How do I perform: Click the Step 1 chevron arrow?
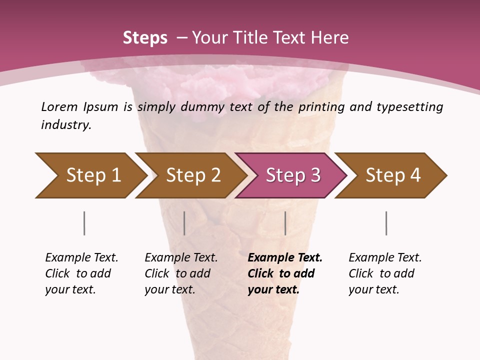(x=92, y=175)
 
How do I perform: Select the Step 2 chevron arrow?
(x=192, y=175)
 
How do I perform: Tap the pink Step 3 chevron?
(x=292, y=175)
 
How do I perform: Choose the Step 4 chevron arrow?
(x=392, y=175)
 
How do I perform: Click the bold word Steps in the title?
(x=145, y=37)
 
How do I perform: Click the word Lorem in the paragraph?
(x=59, y=106)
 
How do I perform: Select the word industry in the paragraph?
(x=65, y=124)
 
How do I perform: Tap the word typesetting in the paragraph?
(x=410, y=107)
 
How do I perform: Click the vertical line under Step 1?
(x=84, y=223)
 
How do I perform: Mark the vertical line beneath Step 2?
(x=184, y=223)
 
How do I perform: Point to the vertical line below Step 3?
(x=285, y=223)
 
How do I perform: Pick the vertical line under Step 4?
(x=386, y=223)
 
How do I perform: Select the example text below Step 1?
(x=81, y=273)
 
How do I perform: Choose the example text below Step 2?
(x=181, y=273)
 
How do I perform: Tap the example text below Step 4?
(x=385, y=273)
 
